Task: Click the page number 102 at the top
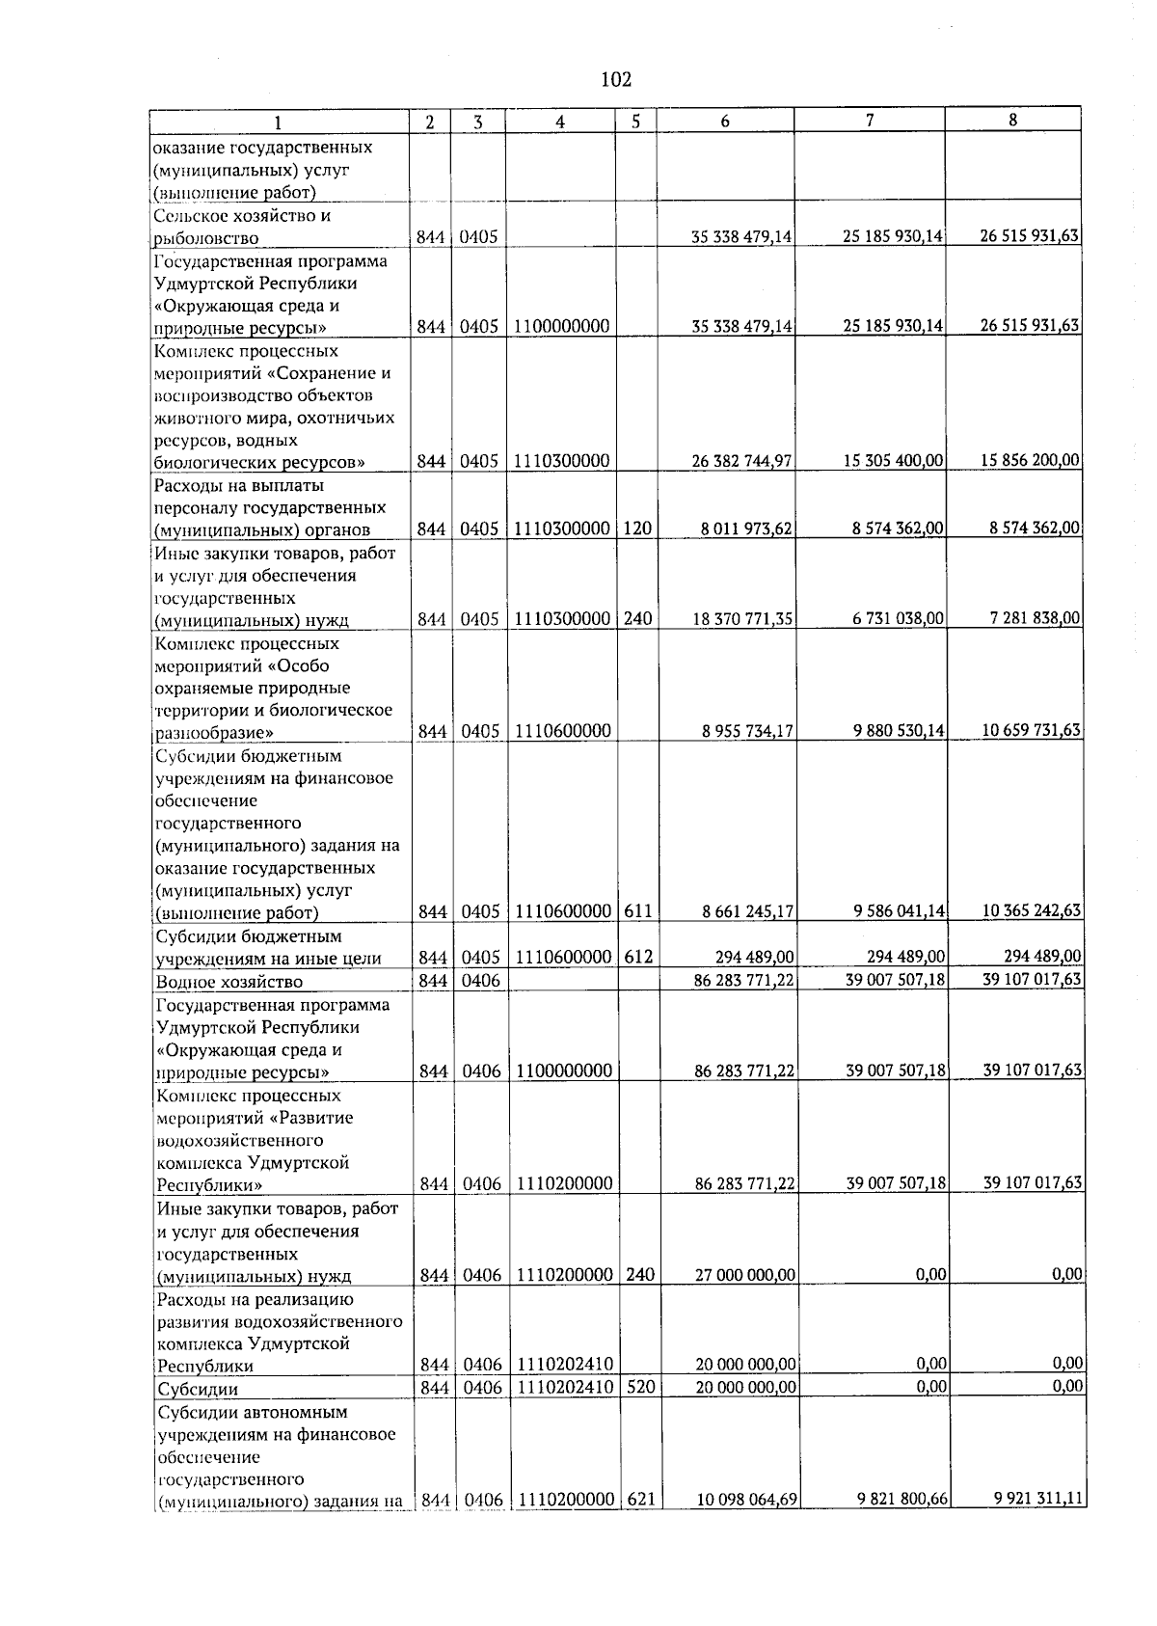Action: click(615, 79)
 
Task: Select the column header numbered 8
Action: click(1011, 121)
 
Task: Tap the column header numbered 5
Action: click(635, 122)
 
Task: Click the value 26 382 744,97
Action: click(742, 462)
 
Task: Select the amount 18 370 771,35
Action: click(742, 619)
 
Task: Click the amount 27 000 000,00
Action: click(745, 1276)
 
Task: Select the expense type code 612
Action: click(638, 958)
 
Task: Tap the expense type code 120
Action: click(636, 529)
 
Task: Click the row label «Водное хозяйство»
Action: click(229, 983)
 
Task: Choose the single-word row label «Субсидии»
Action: click(198, 1390)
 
